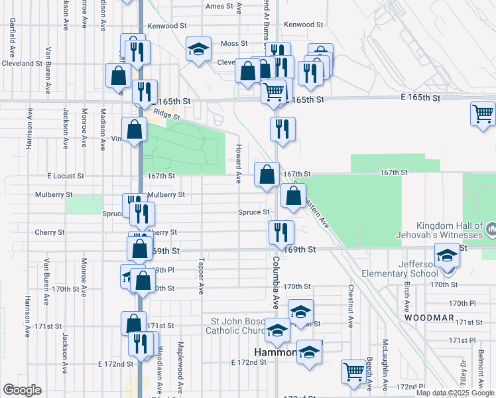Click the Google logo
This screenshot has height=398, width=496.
tap(22, 390)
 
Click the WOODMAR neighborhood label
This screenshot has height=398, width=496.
tap(429, 318)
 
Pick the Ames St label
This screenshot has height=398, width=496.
tap(220, 6)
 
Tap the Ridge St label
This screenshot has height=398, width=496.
tap(166, 113)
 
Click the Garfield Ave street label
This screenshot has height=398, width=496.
tap(12, 36)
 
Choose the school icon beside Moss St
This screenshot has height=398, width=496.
tap(198, 50)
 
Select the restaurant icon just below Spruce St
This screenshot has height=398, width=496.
tap(281, 233)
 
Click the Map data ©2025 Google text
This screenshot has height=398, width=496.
tap(454, 393)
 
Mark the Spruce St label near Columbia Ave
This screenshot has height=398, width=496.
tap(253, 212)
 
